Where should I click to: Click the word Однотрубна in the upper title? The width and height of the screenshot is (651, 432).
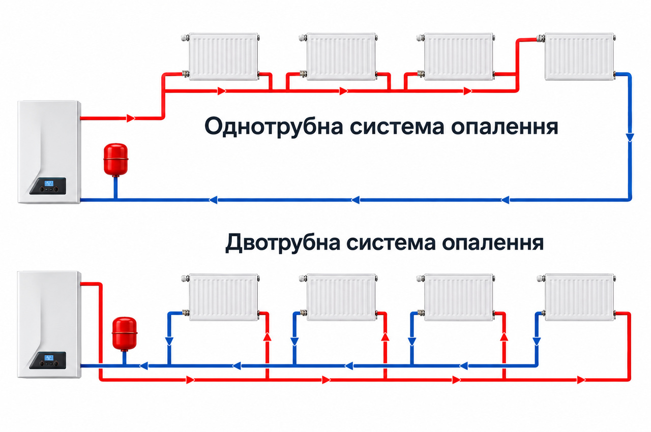coord(274,127)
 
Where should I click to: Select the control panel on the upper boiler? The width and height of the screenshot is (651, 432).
coord(48,186)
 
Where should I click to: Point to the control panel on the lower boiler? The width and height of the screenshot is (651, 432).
coord(48,360)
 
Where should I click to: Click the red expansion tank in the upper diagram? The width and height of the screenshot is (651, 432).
coord(115,160)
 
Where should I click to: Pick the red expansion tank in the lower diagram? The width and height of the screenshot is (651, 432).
coord(125,334)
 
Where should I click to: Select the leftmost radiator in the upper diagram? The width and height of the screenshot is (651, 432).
coord(223,56)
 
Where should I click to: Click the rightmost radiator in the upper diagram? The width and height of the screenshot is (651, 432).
coord(579,56)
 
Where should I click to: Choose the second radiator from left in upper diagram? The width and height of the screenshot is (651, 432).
coord(341,56)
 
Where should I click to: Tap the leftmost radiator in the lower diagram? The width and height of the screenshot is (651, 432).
coord(223,297)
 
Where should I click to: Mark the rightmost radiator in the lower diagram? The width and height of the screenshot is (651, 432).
coord(579,297)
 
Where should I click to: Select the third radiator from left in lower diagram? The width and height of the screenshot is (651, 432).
coord(459,297)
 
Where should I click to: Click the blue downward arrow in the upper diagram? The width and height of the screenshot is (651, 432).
coord(630,137)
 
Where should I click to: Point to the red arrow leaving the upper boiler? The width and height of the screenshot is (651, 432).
coord(131,118)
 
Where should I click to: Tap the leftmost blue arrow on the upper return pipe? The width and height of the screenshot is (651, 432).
coord(213,200)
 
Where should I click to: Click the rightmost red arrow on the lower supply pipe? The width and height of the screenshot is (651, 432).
coord(581,380)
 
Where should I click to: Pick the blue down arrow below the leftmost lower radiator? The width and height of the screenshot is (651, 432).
coord(169,342)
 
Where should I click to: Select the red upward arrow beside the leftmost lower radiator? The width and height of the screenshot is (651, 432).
coord(268,337)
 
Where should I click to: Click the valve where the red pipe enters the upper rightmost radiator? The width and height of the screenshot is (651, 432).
coord(541,38)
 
